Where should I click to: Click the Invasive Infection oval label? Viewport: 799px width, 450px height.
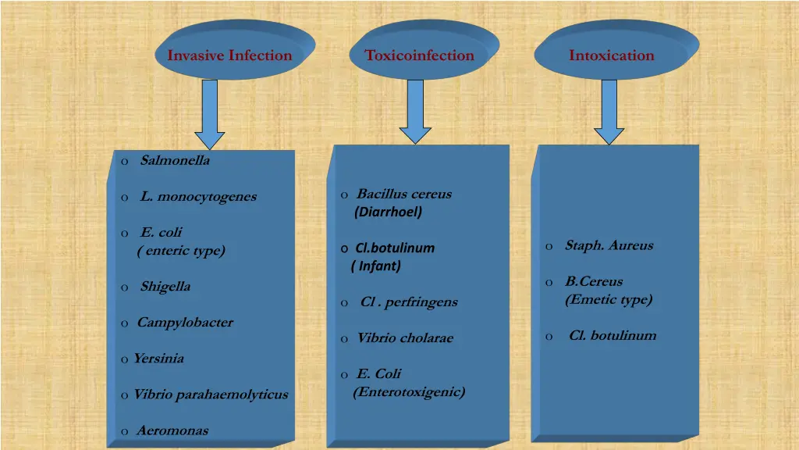[229, 55]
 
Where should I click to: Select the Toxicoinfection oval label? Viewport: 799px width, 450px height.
[420, 55]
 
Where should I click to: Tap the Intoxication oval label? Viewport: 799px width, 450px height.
[612, 55]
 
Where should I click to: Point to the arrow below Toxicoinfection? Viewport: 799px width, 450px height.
[416, 112]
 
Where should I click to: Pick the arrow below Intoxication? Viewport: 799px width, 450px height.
[609, 112]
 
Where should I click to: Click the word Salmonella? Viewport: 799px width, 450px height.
[175, 161]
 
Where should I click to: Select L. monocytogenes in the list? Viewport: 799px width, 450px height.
[198, 197]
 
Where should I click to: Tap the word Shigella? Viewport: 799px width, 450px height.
[165, 287]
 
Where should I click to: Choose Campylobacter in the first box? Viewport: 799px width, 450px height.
[185, 323]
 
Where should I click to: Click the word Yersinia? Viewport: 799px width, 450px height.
[158, 359]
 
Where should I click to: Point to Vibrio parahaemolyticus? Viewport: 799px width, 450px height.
[211, 395]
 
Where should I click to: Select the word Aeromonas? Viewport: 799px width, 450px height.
[172, 430]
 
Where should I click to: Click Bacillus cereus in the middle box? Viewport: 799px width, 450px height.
[404, 195]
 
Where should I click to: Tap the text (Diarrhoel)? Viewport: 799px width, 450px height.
[388, 212]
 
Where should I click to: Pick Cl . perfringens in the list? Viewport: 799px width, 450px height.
[409, 302]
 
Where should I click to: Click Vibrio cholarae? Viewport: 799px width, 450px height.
[405, 338]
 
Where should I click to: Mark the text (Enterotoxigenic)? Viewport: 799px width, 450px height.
[409, 392]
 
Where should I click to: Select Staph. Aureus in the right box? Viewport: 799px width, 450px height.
[609, 245]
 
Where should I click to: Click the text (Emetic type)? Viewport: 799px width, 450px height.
[609, 299]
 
